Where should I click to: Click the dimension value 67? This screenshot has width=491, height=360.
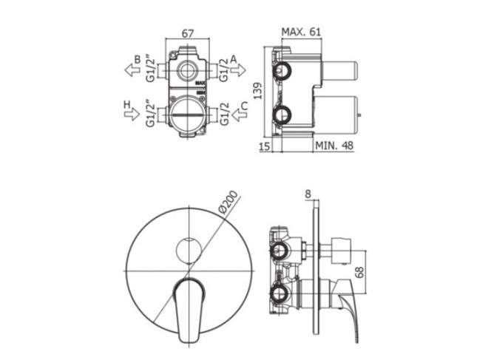188,33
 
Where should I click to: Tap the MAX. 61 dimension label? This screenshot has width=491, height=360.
301,32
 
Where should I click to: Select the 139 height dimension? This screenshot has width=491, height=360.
258,91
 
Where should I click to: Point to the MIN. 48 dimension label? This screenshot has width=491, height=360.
334,146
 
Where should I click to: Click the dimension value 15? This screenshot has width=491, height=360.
265,146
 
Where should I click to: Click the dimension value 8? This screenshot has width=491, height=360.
308,194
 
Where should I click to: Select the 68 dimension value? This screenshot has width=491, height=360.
360,272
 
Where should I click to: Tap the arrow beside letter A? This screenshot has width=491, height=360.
238,69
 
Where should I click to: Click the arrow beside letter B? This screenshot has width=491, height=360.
132,69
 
